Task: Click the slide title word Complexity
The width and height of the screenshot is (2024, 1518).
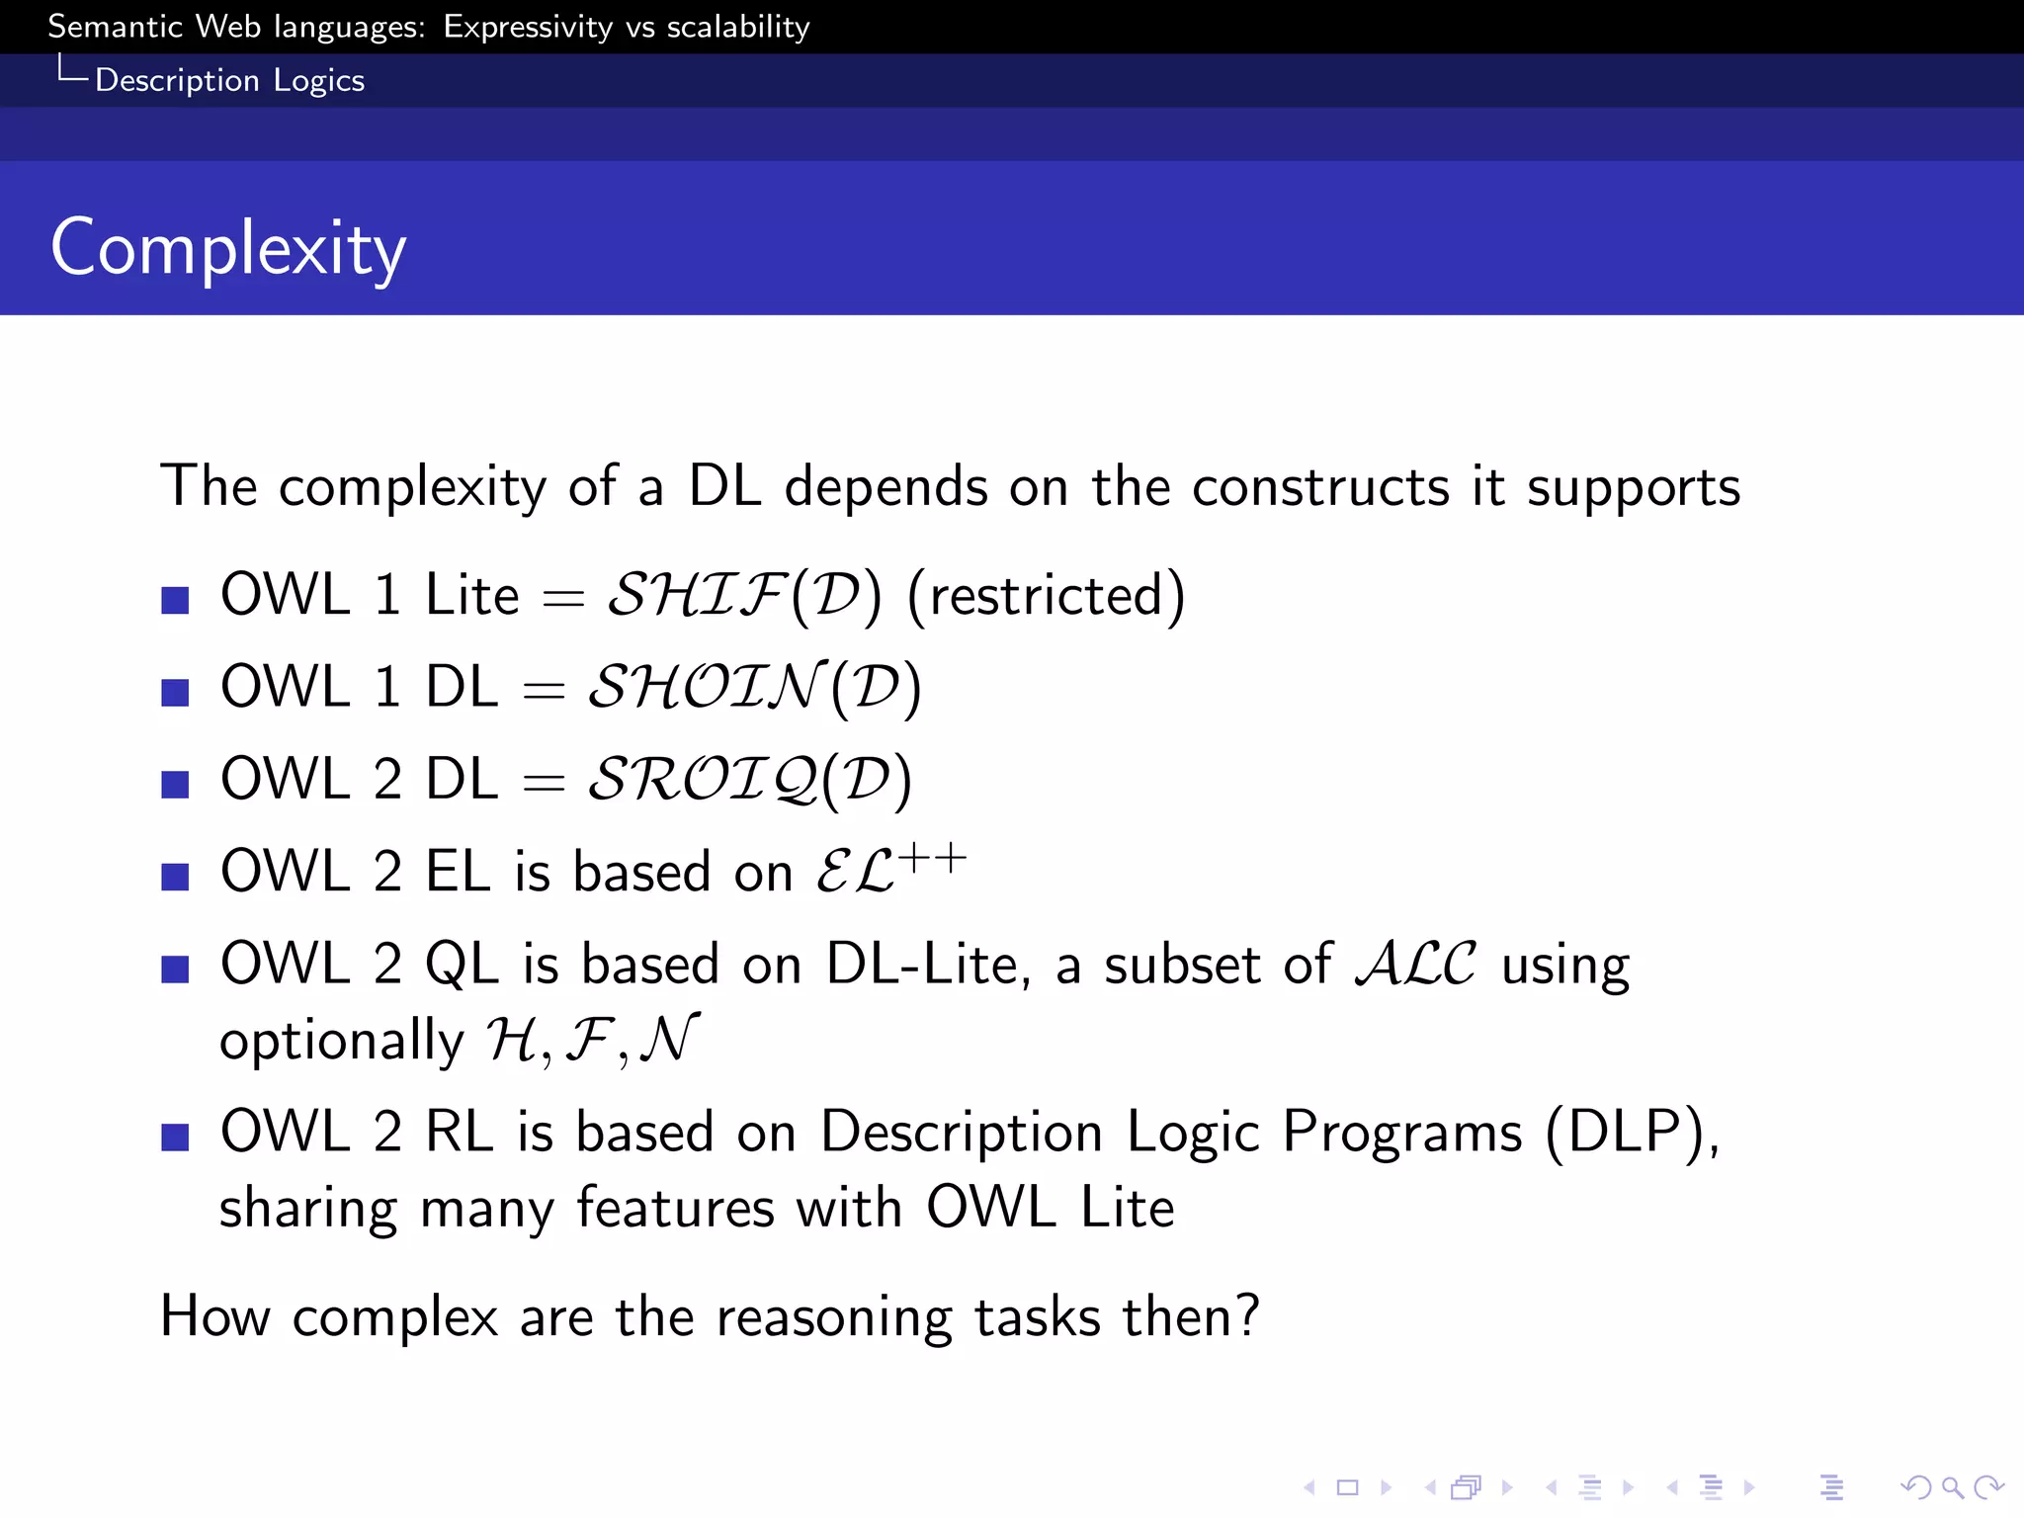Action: [228, 249]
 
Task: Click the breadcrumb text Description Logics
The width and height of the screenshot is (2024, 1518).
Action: [229, 80]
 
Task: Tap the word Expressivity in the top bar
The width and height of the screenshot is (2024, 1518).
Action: [528, 27]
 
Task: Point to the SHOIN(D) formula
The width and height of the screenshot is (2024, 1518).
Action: [754, 688]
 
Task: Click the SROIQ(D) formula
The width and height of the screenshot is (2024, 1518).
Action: [749, 780]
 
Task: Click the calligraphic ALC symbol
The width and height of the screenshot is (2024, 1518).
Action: [1415, 964]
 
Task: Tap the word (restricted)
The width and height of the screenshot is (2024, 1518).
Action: [1046, 596]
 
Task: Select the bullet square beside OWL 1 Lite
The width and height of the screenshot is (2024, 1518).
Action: [175, 600]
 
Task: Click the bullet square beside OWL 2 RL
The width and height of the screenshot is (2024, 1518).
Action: [175, 1137]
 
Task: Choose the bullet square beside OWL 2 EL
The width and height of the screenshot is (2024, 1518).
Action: [175, 876]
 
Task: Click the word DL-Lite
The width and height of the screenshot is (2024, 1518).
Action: [927, 964]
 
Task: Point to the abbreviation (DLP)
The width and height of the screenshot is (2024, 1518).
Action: [1631, 1132]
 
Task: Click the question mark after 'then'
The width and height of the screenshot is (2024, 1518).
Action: [1247, 1315]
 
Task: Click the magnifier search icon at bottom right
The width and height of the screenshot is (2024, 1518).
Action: [1951, 1487]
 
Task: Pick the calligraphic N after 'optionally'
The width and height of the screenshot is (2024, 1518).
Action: [669, 1040]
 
